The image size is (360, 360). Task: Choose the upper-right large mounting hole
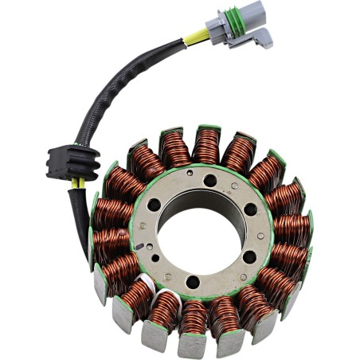(x=251, y=209)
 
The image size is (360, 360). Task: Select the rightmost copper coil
(x=290, y=228)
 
